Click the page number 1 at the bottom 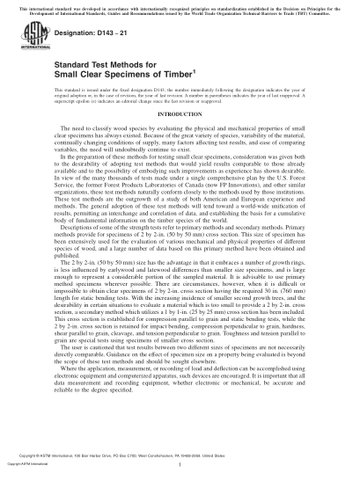[x=180, y=465]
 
